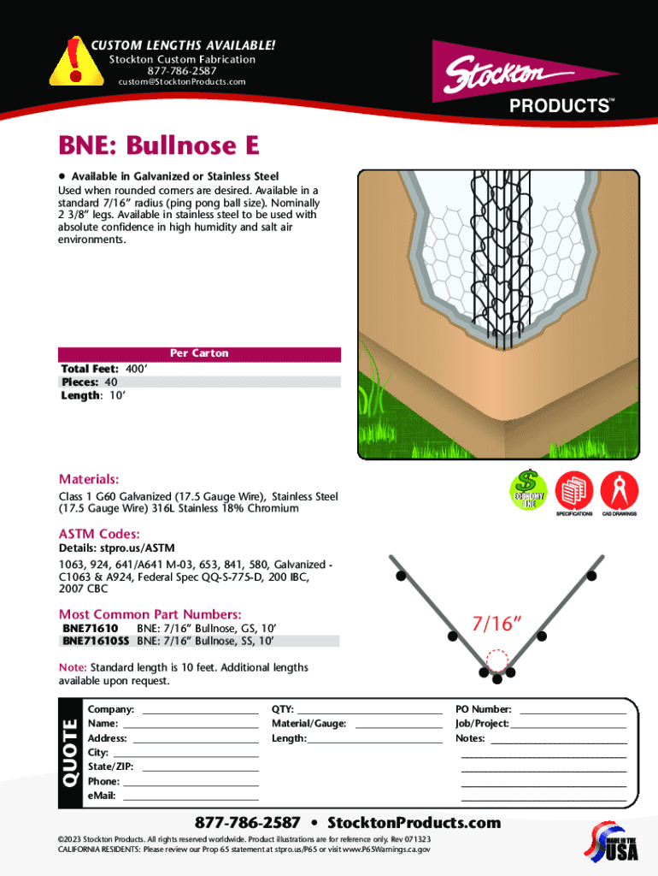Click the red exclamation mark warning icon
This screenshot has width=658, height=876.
pyautogui.click(x=76, y=61)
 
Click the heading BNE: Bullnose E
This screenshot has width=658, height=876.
pyautogui.click(x=158, y=146)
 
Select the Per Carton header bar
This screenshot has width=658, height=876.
pyautogui.click(x=199, y=353)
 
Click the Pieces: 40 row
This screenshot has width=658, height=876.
pyautogui.click(x=90, y=382)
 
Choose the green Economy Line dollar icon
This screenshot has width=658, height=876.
pyautogui.click(x=528, y=490)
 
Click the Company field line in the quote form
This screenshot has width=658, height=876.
pyautogui.click(x=200, y=711)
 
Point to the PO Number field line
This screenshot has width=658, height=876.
pyautogui.click(x=573, y=711)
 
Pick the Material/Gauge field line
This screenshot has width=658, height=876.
pyautogui.click(x=397, y=725)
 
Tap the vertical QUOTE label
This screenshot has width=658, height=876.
pyautogui.click(x=70, y=753)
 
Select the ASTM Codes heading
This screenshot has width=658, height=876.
pyautogui.click(x=99, y=533)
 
